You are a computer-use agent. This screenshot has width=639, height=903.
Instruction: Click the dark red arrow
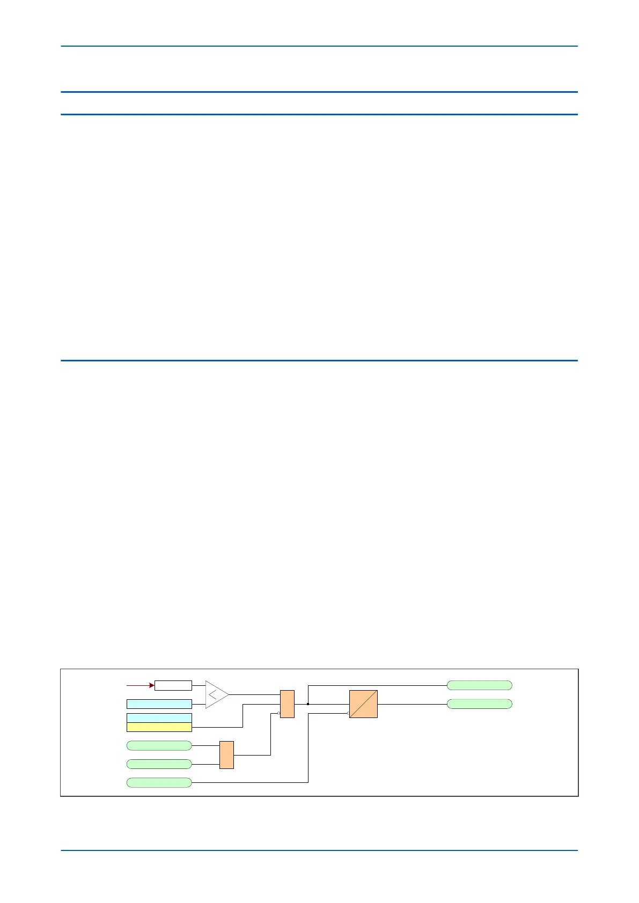click(x=140, y=685)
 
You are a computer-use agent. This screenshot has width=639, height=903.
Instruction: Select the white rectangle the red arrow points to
click(x=173, y=685)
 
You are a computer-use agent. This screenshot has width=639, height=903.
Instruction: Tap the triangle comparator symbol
click(x=216, y=694)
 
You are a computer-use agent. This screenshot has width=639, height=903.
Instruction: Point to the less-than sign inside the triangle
click(x=213, y=695)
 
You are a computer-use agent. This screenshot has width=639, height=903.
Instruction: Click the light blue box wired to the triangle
click(x=159, y=704)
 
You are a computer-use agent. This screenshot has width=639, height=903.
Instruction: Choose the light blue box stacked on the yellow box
click(x=159, y=718)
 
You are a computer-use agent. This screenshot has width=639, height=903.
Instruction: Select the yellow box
click(x=159, y=727)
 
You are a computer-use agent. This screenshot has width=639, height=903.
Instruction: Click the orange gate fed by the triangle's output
click(x=287, y=704)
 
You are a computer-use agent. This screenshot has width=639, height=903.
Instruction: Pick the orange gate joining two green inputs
click(x=226, y=755)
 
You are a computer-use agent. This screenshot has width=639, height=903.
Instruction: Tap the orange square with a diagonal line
click(x=363, y=704)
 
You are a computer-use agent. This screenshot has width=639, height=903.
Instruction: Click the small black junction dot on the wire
click(x=308, y=704)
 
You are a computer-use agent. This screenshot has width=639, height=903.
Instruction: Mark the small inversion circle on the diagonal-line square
click(x=348, y=713)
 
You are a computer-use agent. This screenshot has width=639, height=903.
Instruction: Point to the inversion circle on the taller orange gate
click(x=278, y=713)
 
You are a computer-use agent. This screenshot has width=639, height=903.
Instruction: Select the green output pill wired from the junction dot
click(x=479, y=685)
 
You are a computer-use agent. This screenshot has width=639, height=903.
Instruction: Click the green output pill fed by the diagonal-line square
click(x=479, y=704)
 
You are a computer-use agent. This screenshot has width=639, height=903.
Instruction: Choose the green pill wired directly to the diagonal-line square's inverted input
click(x=159, y=782)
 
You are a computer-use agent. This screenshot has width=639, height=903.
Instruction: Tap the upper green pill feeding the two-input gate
click(x=159, y=745)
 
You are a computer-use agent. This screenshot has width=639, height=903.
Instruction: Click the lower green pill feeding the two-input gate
click(x=159, y=764)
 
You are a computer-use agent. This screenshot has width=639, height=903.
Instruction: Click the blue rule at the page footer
click(x=319, y=850)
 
